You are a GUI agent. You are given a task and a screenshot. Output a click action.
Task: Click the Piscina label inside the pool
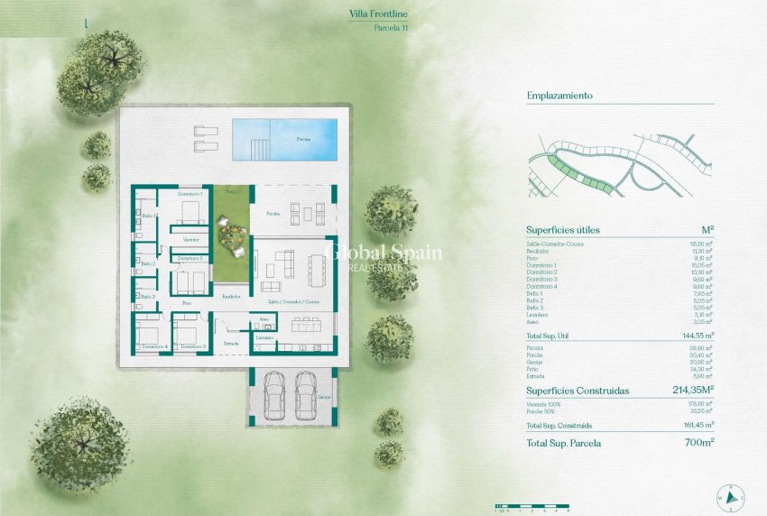304,140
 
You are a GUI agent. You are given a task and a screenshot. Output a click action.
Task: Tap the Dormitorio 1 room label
189,195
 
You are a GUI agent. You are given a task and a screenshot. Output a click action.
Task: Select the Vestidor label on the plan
190,239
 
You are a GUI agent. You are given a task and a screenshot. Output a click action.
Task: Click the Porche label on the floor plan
272,213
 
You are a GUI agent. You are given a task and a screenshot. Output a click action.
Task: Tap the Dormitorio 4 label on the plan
154,346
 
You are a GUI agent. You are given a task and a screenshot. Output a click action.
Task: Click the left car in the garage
276,393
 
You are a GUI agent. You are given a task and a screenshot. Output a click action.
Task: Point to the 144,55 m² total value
698,335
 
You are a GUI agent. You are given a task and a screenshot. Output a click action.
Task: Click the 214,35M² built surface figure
693,391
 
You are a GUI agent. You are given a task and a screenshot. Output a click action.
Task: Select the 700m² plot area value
698,443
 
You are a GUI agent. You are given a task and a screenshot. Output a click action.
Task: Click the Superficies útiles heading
562,230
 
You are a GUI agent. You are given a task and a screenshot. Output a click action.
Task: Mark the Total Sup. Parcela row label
564,443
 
